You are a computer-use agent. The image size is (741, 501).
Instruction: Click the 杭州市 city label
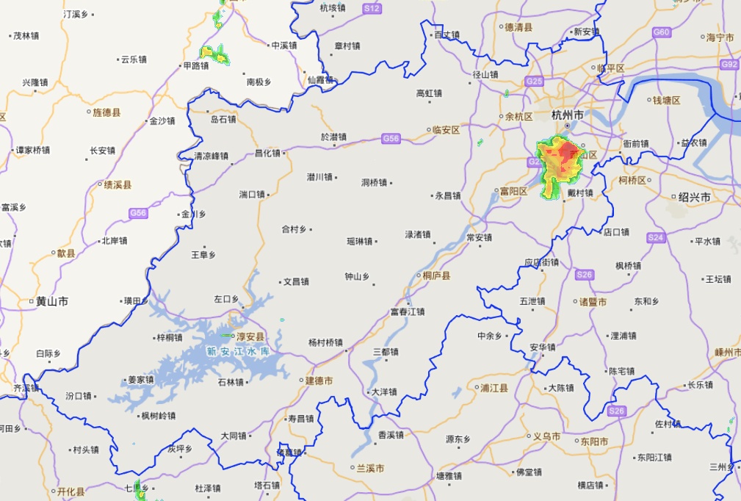point(568,115)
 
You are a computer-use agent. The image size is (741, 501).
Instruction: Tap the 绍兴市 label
point(693,197)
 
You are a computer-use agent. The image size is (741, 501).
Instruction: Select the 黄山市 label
point(52,301)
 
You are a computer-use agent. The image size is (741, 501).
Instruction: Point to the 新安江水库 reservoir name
point(238,351)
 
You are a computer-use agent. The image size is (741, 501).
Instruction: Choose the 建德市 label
point(319,381)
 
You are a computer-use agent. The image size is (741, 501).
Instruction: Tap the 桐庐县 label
point(436,275)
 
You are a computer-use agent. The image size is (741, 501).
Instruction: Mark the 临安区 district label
point(446,130)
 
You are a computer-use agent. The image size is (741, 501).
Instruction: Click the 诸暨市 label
point(593,301)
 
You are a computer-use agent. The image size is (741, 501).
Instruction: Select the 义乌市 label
point(546,436)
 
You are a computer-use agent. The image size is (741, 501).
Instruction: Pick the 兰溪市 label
point(370,468)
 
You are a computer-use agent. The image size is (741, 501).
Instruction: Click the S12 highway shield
point(372,8)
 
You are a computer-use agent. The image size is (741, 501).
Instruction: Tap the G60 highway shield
point(662,32)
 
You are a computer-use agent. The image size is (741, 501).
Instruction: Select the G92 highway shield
point(729,65)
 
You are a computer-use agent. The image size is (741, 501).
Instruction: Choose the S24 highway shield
point(656,237)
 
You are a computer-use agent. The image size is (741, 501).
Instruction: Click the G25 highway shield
point(534,81)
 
